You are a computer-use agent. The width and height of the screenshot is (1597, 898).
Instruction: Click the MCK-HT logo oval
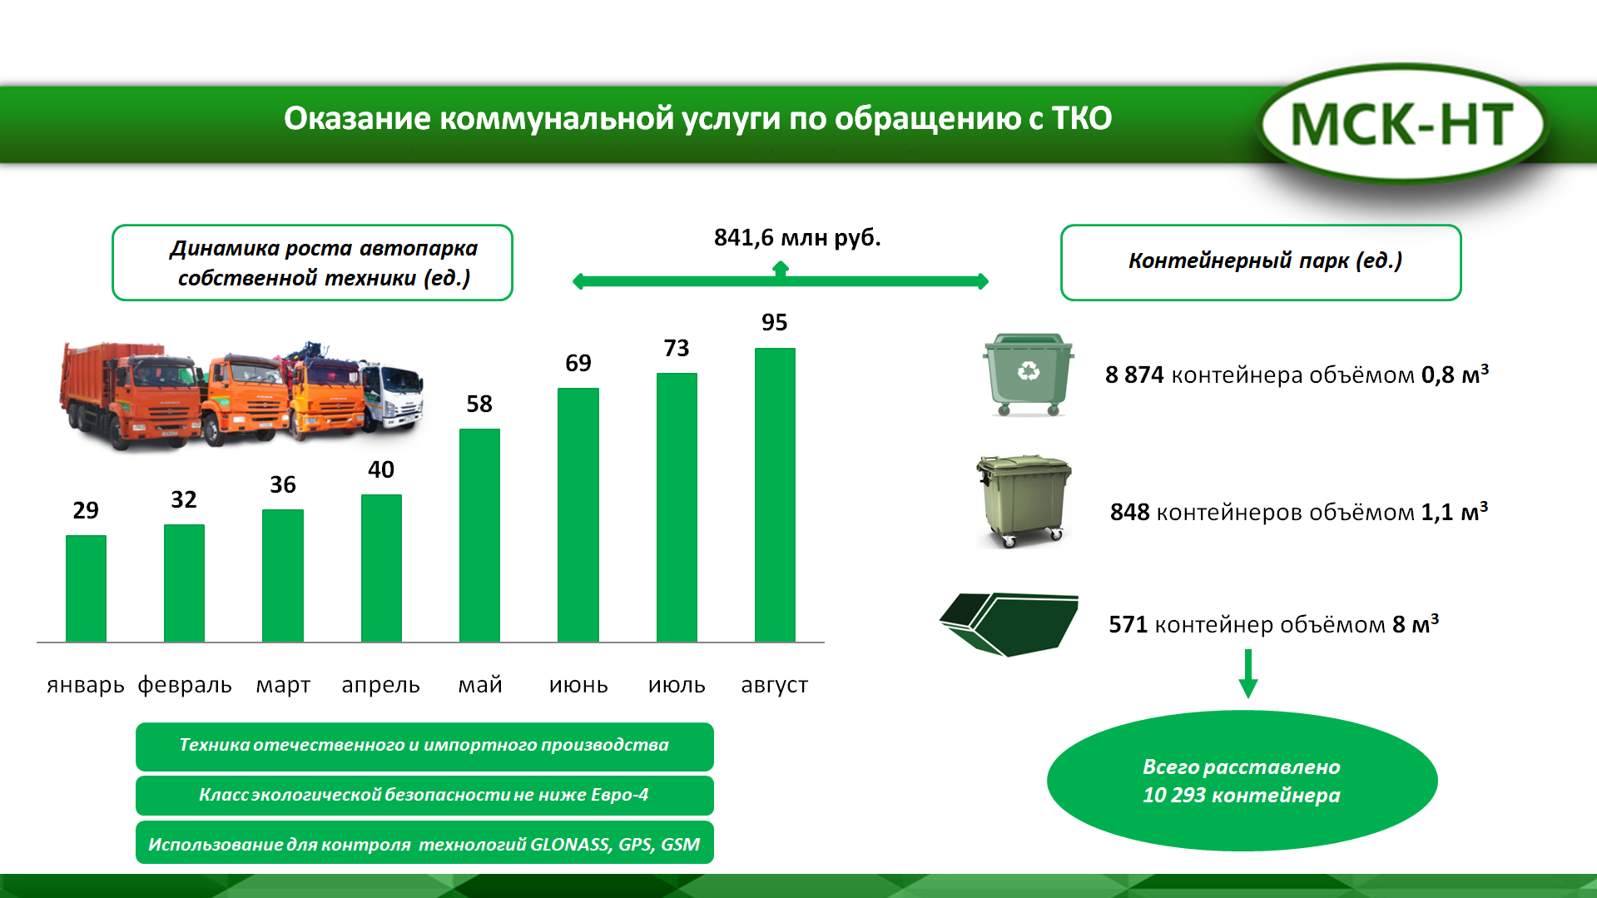[1402, 124]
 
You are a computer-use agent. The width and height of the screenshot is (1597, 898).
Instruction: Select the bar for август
[775, 494]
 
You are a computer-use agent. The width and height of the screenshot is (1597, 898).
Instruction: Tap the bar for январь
[86, 588]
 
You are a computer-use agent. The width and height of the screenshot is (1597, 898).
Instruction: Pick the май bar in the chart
[479, 535]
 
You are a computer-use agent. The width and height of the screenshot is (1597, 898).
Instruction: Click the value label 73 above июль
[677, 348]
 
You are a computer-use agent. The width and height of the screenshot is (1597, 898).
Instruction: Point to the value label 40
[381, 469]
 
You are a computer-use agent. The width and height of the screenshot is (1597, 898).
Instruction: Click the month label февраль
[185, 685]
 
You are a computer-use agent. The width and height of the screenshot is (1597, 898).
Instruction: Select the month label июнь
[578, 685]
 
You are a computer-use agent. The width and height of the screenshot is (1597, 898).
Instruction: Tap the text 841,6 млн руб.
[797, 238]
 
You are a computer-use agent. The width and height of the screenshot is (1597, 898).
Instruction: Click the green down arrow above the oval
[1247, 673]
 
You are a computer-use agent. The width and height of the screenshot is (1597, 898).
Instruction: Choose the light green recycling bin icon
[1028, 375]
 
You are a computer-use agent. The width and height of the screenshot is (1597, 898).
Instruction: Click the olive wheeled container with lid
[1024, 501]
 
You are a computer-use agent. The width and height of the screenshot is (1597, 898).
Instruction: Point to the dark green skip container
[1009, 624]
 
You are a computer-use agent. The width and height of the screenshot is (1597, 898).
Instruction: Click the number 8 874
[1134, 375]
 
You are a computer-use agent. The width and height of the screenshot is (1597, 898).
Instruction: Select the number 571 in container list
[1128, 625]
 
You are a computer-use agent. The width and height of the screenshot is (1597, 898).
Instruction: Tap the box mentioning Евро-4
[424, 796]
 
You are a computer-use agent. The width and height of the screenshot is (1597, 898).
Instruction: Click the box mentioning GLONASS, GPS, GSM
[424, 843]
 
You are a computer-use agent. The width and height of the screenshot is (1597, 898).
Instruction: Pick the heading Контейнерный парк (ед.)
[1265, 260]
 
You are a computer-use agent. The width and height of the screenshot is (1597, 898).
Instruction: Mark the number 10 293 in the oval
[1174, 796]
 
